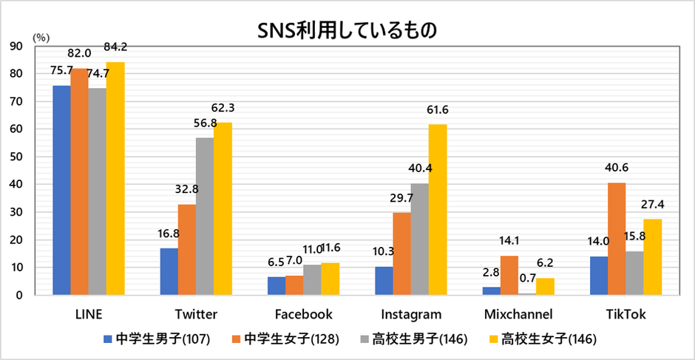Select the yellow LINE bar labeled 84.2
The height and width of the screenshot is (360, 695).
tap(115, 178)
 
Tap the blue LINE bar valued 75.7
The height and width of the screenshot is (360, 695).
tap(61, 190)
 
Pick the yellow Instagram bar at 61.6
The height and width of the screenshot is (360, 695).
tap(438, 210)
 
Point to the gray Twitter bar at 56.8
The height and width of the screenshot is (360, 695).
tap(205, 217)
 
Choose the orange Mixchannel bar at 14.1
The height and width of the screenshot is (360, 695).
tap(509, 275)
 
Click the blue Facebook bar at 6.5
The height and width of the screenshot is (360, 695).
tap(275, 286)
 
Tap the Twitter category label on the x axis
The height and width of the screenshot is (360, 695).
tap(196, 315)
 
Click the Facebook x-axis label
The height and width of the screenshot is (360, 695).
tap(303, 315)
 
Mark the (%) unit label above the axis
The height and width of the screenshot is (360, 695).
tap(39, 35)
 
